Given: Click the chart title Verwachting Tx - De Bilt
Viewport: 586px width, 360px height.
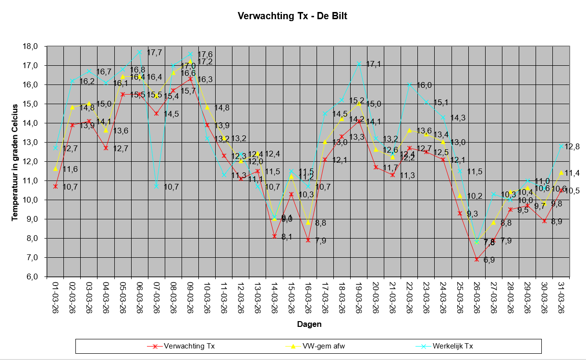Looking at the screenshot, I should click(293, 16).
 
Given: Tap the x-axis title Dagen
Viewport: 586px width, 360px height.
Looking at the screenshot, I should click(309, 324).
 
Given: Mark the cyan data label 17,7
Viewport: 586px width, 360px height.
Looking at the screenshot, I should click(154, 53).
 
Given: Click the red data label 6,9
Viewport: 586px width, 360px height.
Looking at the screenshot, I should click(489, 261).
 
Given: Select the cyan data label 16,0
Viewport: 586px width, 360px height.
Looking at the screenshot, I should click(424, 85).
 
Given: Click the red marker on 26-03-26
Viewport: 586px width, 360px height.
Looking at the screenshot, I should click(476, 259).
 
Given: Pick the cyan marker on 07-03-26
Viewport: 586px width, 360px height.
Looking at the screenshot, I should click(156, 186).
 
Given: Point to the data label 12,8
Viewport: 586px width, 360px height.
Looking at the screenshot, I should click(572, 147).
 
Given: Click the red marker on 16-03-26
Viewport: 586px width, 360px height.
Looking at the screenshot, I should click(308, 240).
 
